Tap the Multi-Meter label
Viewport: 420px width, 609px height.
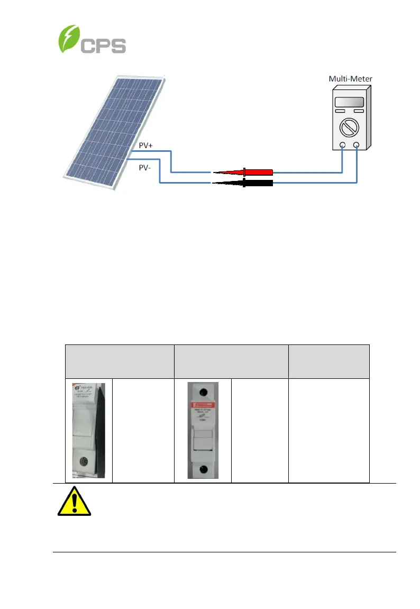coord(350,79)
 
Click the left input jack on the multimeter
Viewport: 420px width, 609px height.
coord(343,145)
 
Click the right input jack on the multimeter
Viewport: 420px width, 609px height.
coord(357,145)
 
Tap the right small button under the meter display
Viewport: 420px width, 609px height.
coord(359,112)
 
